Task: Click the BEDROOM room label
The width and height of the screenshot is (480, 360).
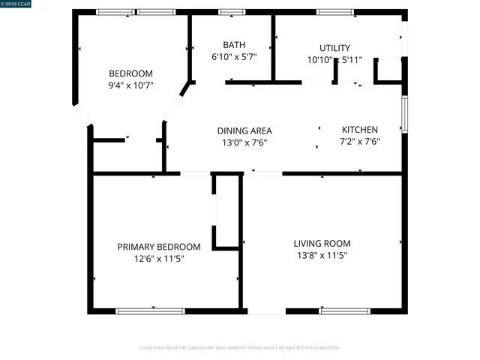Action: [x=130, y=73]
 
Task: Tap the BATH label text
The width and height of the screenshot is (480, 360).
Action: [x=234, y=45]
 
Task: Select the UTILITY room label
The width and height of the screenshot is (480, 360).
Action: [x=334, y=48]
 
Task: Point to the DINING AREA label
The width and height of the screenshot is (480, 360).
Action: [x=244, y=130]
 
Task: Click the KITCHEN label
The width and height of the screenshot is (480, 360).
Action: [x=360, y=129]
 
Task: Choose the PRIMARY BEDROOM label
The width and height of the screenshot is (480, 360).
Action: [x=159, y=247]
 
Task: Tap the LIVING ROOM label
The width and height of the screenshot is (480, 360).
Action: [x=322, y=243]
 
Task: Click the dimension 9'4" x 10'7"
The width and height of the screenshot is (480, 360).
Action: [x=130, y=85]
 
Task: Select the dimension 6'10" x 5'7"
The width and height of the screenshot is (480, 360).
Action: [x=234, y=57]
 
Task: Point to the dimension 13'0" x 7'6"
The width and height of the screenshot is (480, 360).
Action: [x=244, y=142]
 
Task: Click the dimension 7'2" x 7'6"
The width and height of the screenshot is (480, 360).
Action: [x=360, y=141]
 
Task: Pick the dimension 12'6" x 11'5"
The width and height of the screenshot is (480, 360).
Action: [x=159, y=259]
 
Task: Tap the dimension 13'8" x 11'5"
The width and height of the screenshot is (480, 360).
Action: [x=322, y=255]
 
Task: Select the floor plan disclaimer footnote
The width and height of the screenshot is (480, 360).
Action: [x=240, y=348]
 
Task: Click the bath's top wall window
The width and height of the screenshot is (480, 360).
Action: [x=232, y=12]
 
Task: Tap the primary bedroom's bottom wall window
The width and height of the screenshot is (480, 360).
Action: [x=150, y=310]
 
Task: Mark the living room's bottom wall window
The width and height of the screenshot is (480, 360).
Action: [x=344, y=310]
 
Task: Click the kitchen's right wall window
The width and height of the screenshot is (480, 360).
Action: [x=404, y=114]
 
